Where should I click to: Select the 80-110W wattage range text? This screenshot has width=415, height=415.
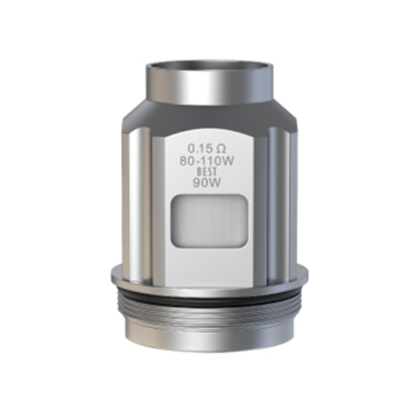coord(207,162)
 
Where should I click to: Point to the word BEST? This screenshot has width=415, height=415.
coord(207,172)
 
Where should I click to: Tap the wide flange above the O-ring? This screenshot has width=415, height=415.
coord(210,276)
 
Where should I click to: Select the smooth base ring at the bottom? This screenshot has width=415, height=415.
coord(210,337)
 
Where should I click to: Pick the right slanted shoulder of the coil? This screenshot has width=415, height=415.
coord(286,117)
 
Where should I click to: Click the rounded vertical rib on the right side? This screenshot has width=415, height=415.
coord(276,195)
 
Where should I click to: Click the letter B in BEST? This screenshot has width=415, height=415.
coord(199,172)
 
